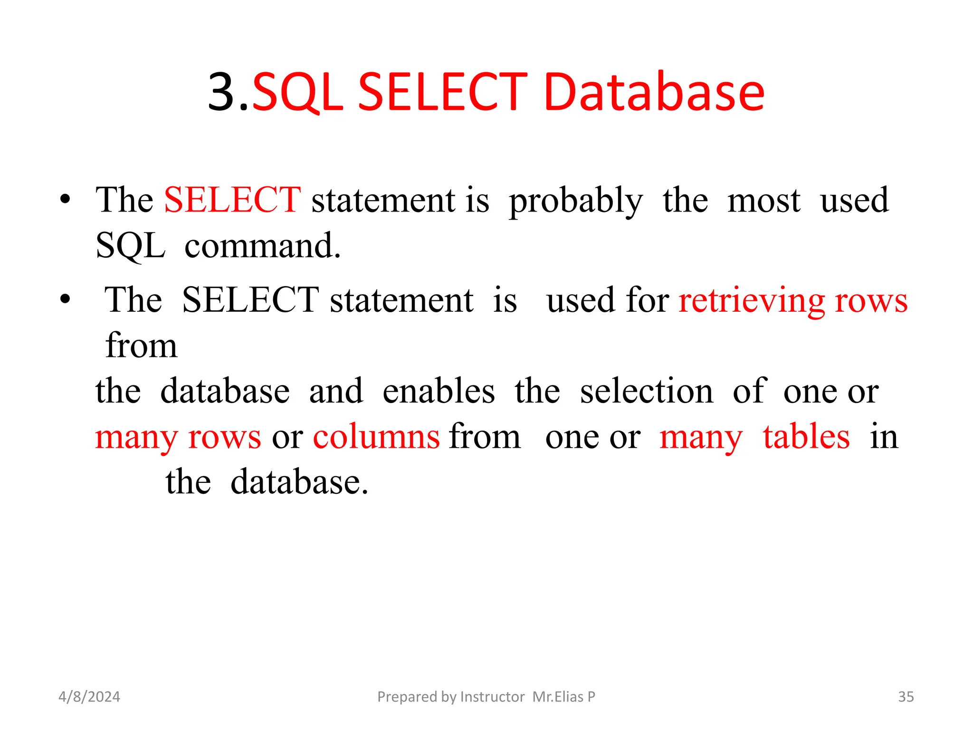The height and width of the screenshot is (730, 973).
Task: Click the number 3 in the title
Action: (222, 92)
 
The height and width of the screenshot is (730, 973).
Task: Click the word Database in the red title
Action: (654, 92)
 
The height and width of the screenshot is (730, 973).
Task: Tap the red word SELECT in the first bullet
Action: (232, 200)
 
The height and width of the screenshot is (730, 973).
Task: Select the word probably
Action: (576, 201)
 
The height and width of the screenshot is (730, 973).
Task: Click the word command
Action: (263, 246)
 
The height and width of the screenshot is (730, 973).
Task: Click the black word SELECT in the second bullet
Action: (250, 300)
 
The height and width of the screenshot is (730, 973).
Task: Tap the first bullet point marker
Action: (65, 199)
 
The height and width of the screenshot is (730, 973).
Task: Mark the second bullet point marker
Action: (65, 299)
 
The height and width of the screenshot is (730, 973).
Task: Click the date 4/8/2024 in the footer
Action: (89, 697)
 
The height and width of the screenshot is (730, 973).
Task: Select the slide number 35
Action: (906, 697)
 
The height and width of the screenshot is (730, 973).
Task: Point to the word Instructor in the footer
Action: (492, 697)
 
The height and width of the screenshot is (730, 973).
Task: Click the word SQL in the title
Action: (297, 93)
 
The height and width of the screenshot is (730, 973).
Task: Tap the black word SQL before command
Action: (130, 246)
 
